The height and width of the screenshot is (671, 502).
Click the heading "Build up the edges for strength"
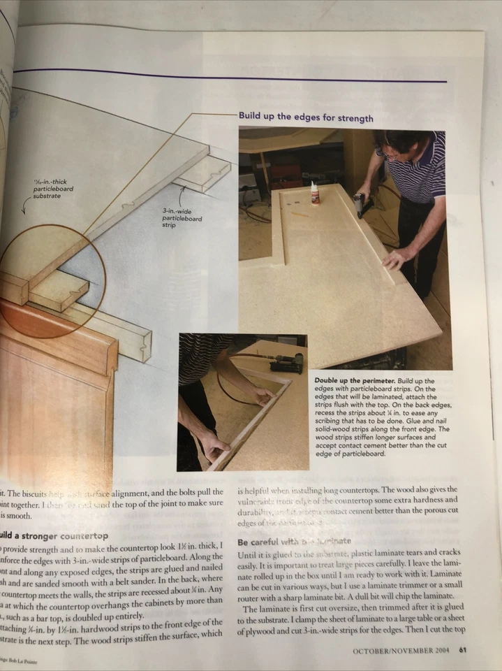tap(306, 117)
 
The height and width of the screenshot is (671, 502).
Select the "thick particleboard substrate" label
tap(53, 189)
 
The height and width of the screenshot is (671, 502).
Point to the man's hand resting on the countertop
tap(396, 259)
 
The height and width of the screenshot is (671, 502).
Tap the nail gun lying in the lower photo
tap(288, 362)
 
